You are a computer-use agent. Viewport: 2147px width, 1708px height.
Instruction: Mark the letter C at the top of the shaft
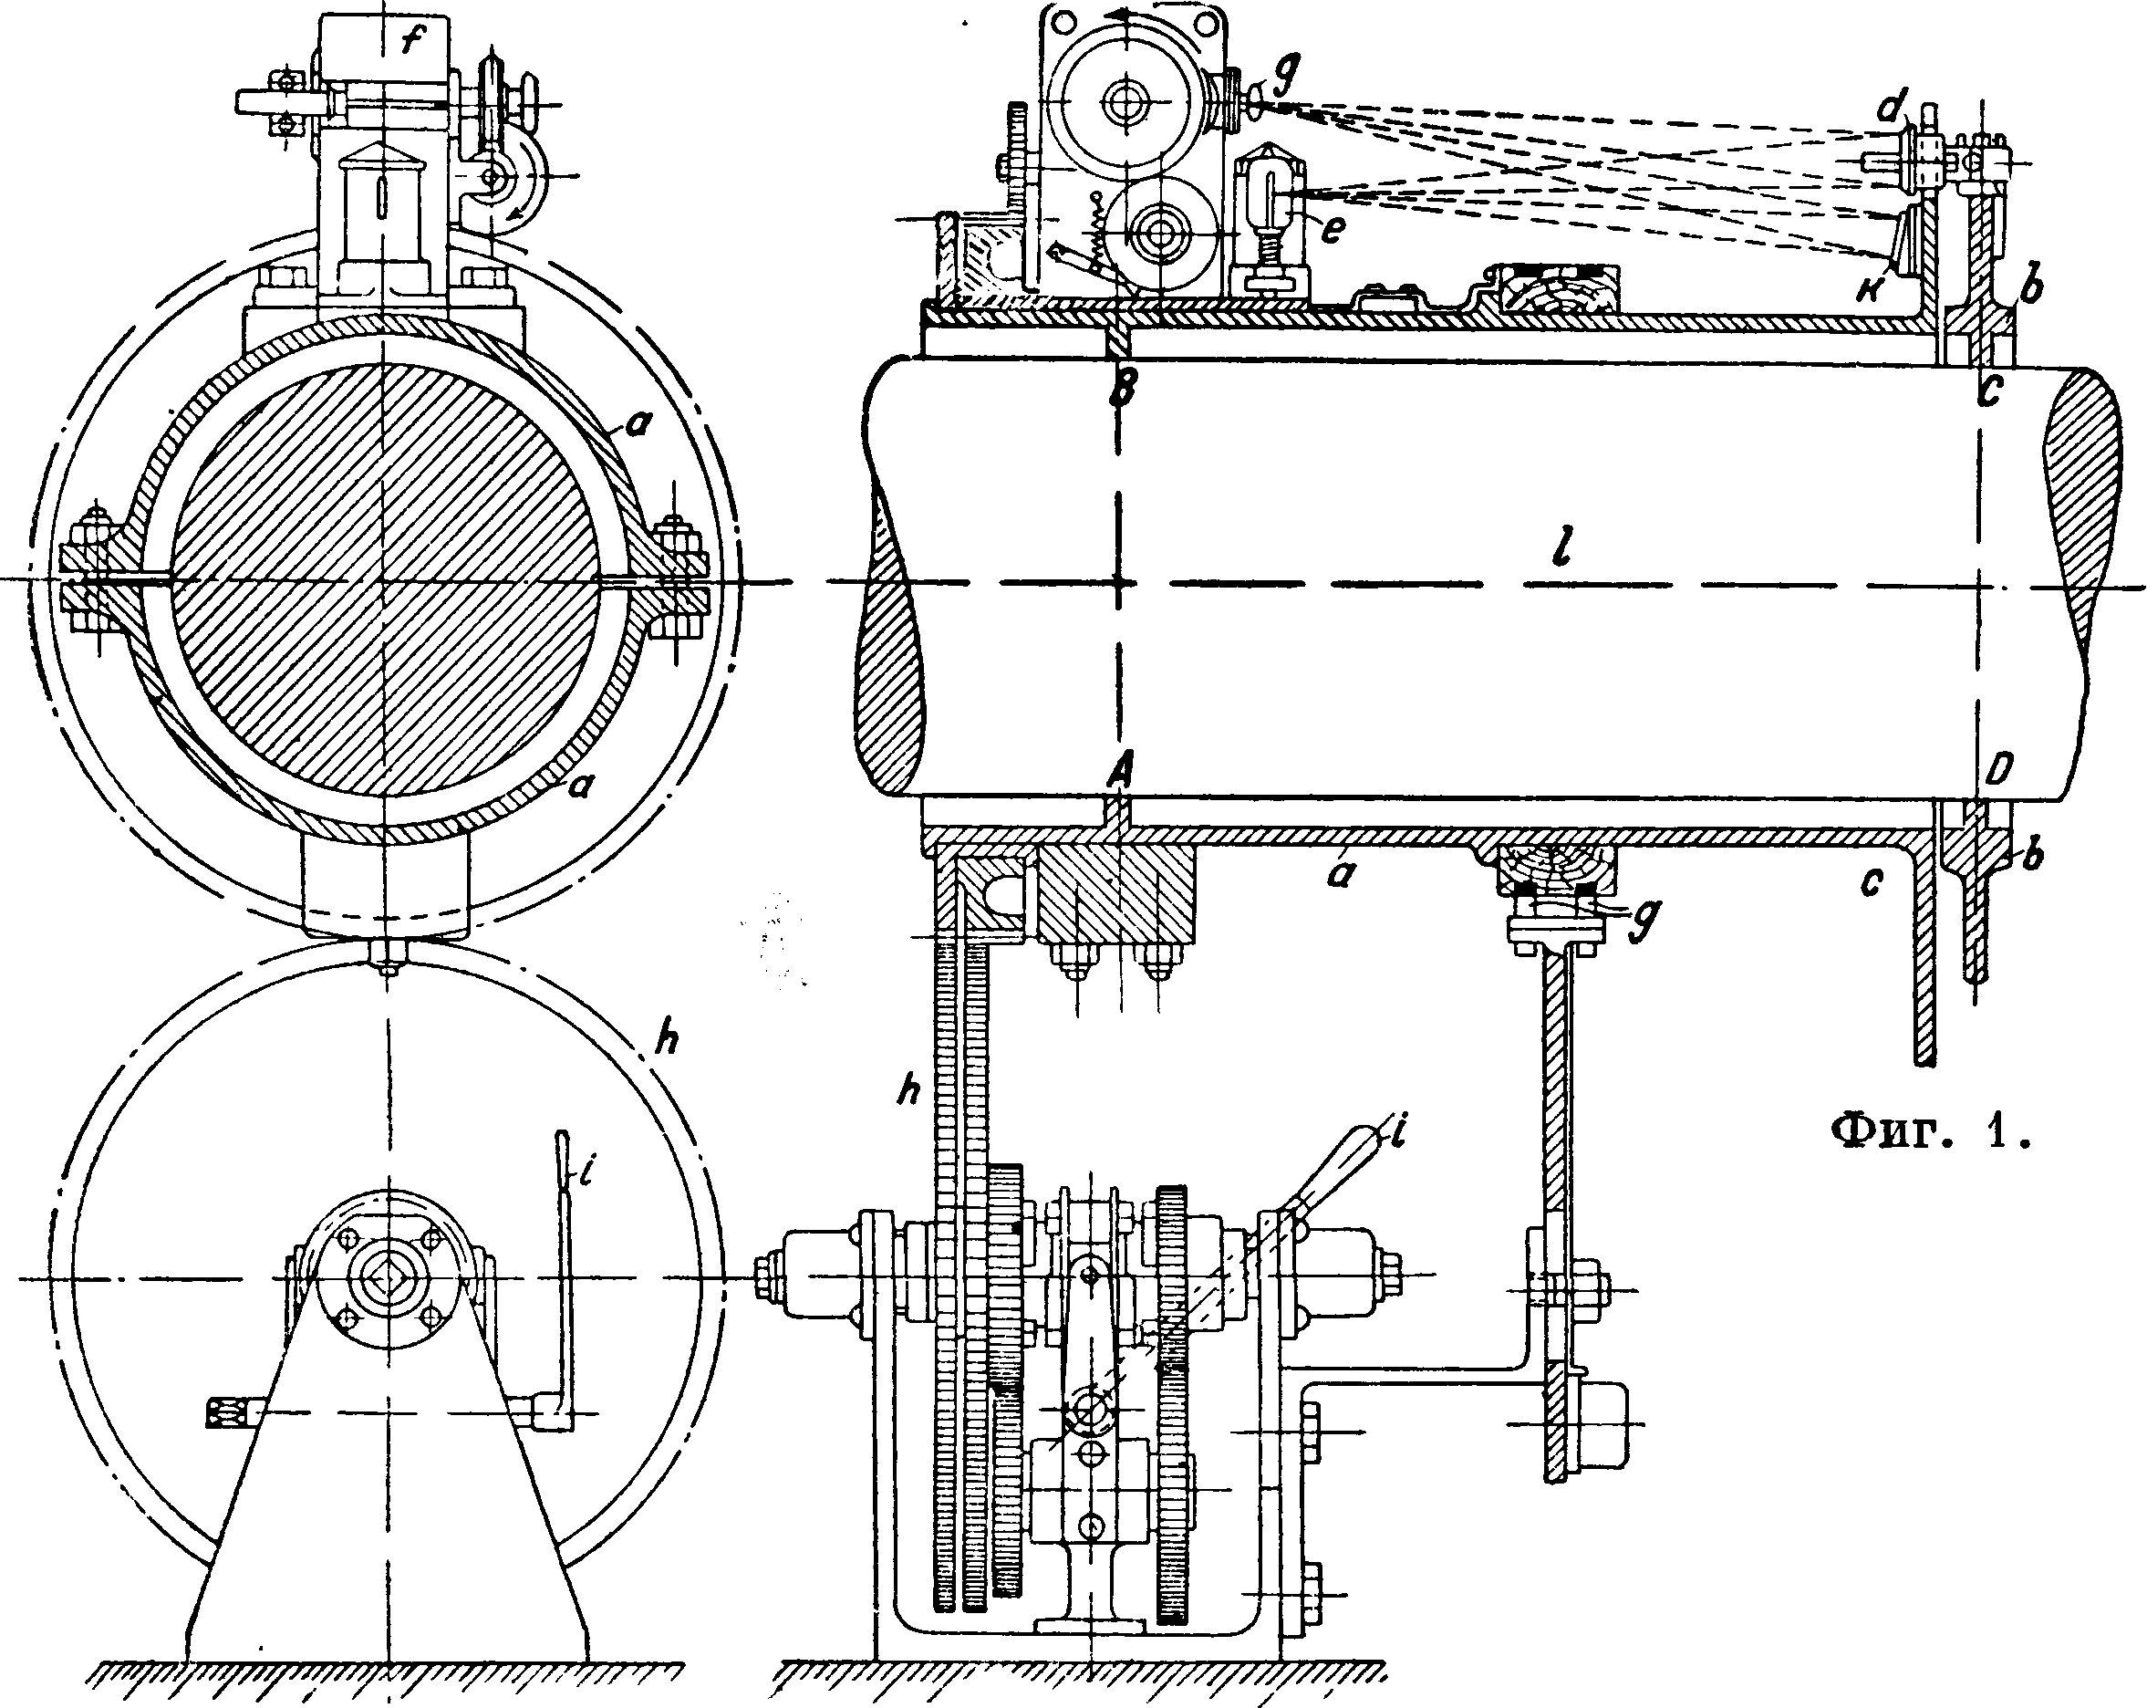[1988, 391]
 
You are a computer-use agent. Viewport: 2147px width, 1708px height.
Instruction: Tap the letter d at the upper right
[1886, 108]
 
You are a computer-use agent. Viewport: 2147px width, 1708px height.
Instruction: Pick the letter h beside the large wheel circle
[668, 1041]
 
